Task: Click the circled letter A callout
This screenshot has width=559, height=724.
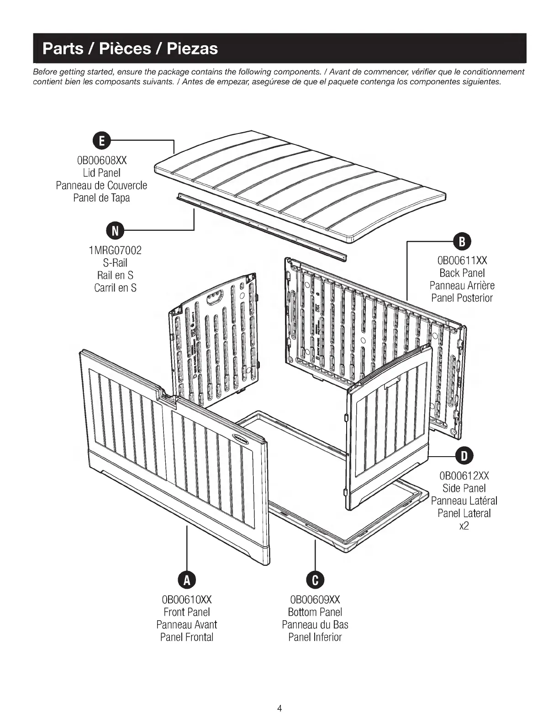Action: coord(186,580)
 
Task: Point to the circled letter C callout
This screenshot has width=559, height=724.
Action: coord(315,580)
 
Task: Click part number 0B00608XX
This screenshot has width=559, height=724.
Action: coord(101,160)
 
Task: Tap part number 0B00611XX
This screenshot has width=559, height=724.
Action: coord(462,261)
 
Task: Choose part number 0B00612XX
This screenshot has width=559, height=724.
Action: coord(464,475)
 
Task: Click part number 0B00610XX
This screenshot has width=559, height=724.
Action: coord(186,599)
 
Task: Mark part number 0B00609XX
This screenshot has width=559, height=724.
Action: coord(315,599)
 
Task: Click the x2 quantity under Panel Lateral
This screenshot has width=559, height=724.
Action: coord(464,526)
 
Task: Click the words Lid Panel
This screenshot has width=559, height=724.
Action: coord(101,173)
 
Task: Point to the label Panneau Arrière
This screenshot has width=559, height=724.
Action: coord(462,286)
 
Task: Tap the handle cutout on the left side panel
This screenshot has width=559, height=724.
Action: coord(214,300)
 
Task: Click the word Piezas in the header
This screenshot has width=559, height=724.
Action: coord(192,48)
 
